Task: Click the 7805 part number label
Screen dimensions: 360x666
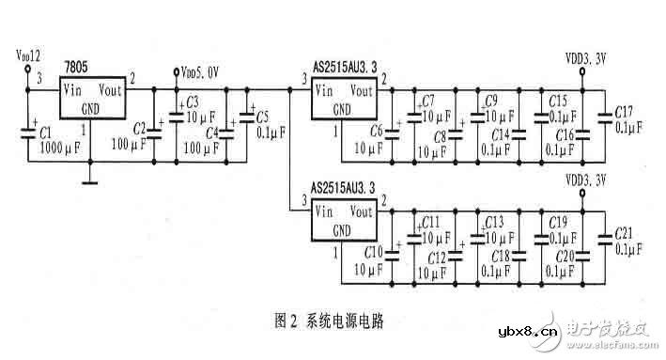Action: click(x=77, y=66)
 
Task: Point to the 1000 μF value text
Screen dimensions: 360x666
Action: click(x=59, y=149)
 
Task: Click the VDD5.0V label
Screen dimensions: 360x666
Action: click(x=202, y=70)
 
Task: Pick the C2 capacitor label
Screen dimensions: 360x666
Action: click(x=140, y=126)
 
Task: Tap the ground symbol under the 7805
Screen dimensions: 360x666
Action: click(x=90, y=180)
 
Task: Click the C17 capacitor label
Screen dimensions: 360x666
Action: click(x=625, y=112)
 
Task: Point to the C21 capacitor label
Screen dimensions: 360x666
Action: click(x=625, y=233)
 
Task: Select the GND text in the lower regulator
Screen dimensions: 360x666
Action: click(x=342, y=229)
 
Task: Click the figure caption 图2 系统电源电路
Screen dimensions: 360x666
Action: click(x=334, y=321)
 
